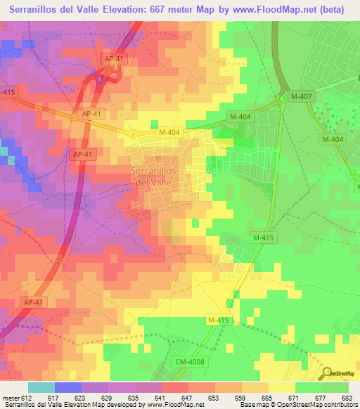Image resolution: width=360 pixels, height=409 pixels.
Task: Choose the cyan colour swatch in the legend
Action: (41, 387)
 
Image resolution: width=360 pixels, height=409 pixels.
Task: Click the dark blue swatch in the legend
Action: (69, 387)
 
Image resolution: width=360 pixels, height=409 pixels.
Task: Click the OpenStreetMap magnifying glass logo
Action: (328, 373)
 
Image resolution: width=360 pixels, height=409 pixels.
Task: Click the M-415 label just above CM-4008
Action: (218, 320)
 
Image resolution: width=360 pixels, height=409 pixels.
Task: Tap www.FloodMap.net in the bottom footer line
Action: (174, 405)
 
